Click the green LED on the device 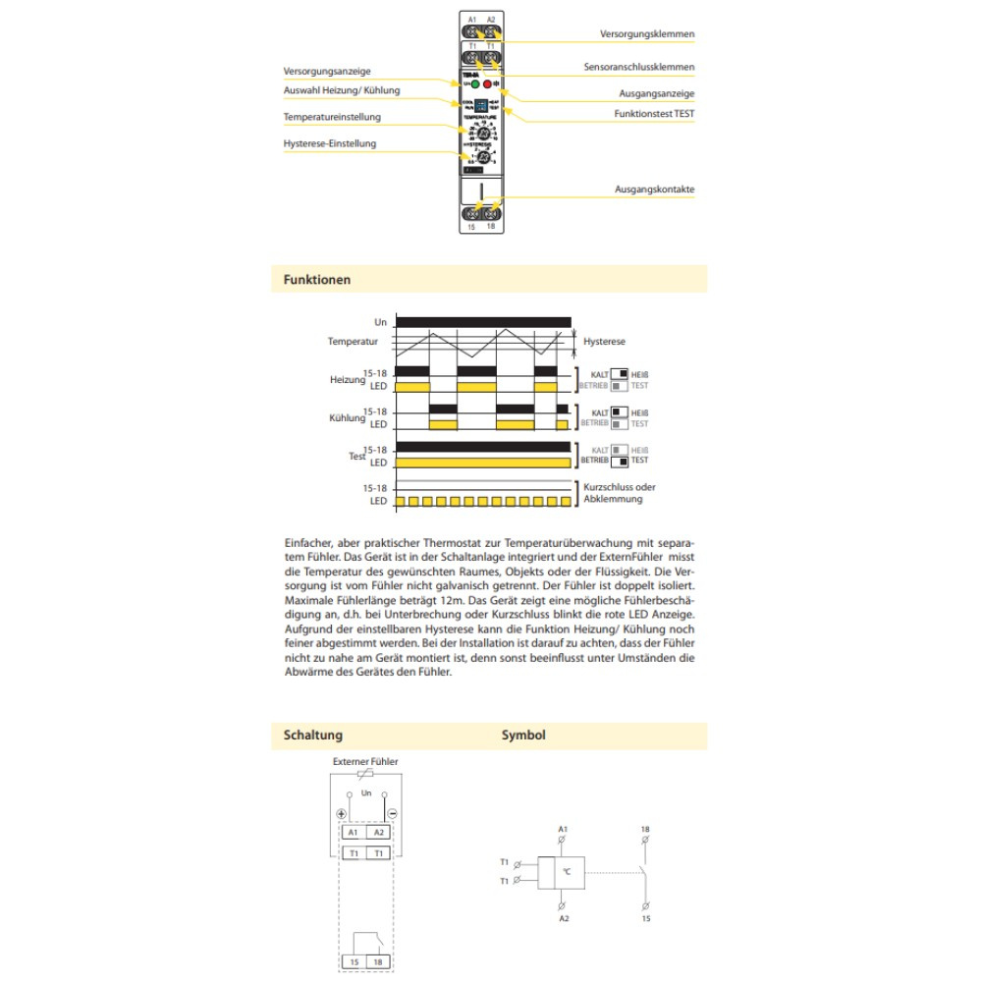(x=474, y=85)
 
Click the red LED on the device (x=487, y=85)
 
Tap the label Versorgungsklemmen (x=647, y=34)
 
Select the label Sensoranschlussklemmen (x=639, y=68)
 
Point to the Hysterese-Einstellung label (x=330, y=143)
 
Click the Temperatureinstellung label (x=332, y=118)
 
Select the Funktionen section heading (x=317, y=280)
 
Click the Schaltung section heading (x=313, y=735)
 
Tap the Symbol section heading (x=523, y=735)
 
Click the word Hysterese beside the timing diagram (x=604, y=342)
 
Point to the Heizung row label (x=347, y=379)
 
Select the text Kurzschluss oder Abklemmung (x=619, y=493)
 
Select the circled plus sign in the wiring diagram (x=341, y=813)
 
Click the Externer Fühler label (x=365, y=761)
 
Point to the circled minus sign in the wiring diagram (x=391, y=813)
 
